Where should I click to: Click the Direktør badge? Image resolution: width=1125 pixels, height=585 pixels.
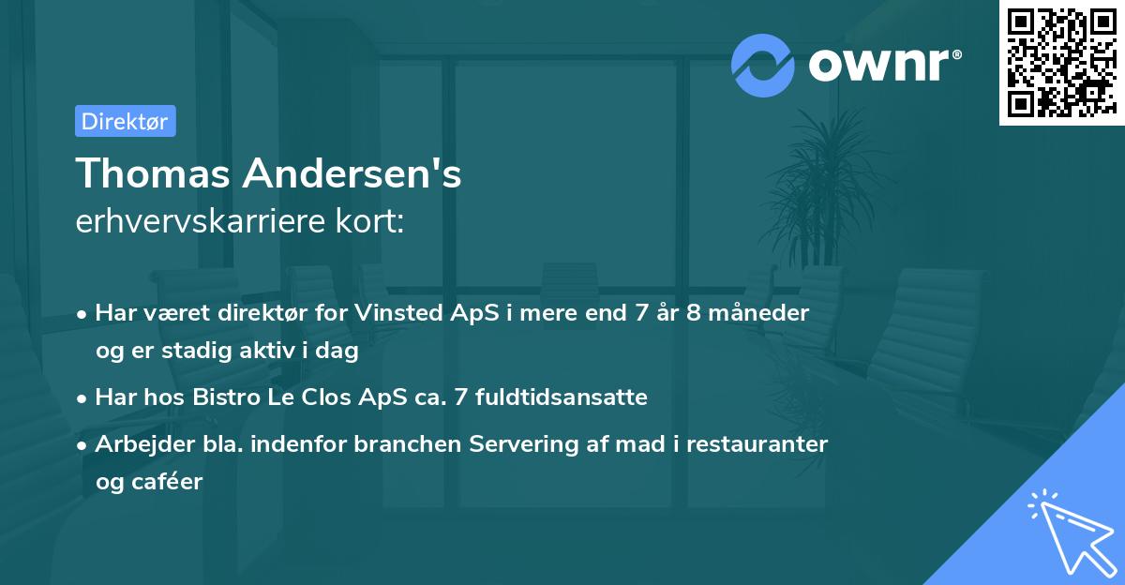(x=125, y=122)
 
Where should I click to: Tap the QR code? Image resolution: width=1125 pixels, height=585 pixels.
(x=1061, y=63)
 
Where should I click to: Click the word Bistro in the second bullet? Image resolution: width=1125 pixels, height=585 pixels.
(x=225, y=397)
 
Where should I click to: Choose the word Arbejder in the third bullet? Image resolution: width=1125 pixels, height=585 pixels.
(x=139, y=443)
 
